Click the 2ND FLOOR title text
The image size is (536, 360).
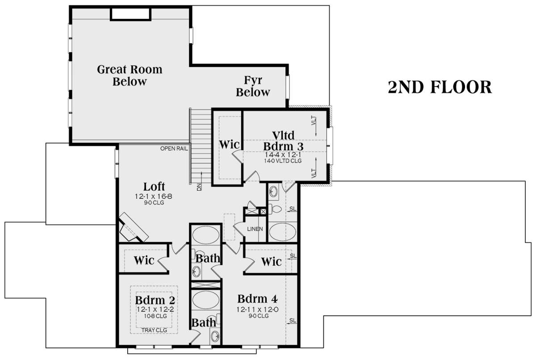[x=440, y=88]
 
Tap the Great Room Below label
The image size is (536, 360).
[x=130, y=75]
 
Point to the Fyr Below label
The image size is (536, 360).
[x=253, y=87]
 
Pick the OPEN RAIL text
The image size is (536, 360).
[x=175, y=148]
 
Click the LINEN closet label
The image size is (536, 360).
[x=255, y=229]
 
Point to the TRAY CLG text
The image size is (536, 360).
[x=154, y=331]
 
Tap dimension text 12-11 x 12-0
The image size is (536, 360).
[x=253, y=309]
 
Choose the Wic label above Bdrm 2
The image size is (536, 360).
[x=144, y=260]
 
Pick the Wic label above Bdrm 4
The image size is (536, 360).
[x=271, y=261]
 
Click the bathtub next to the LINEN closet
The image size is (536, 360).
[x=281, y=232]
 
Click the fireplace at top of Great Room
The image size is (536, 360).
[x=130, y=15]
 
